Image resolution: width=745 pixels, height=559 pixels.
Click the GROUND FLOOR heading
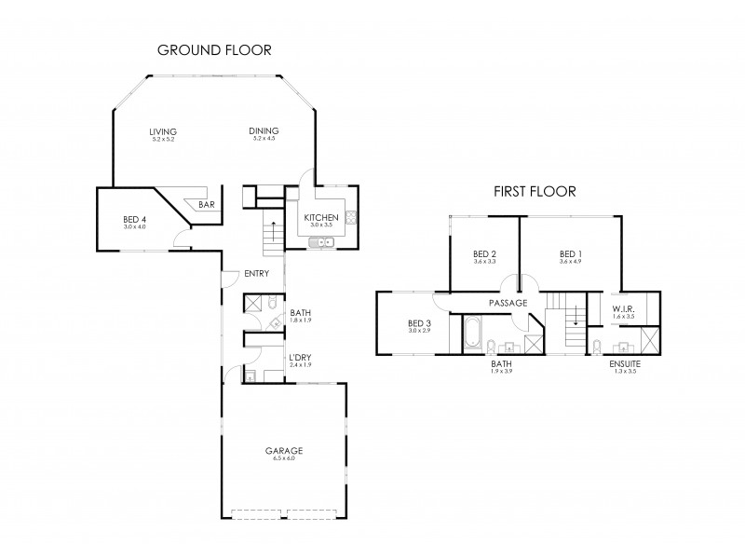coord(213,50)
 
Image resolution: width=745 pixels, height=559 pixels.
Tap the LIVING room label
coord(163,131)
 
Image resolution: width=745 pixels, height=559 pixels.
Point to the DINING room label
coord(264,131)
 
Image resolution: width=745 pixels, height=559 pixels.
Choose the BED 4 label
coord(135,221)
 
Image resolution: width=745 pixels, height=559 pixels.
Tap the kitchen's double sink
coord(322,243)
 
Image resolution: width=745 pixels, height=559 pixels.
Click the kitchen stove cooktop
coord(353,220)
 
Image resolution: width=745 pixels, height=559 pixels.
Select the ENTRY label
coord(256,274)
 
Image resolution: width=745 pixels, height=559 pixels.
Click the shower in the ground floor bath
coord(252,303)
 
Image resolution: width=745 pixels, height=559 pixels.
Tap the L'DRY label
coord(300,358)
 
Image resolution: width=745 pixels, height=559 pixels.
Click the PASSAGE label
coord(508,303)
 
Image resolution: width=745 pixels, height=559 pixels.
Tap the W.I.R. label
coord(623,308)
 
